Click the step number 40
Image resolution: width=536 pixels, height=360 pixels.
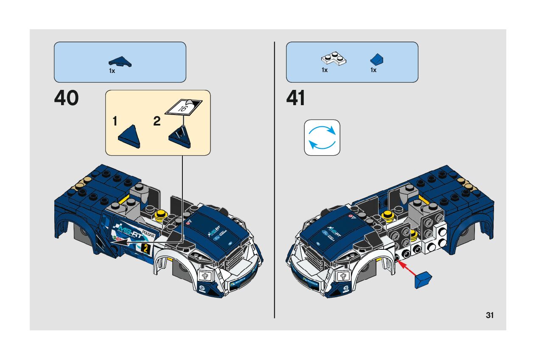(x=67, y=98)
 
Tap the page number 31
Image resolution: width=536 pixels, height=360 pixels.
(x=490, y=315)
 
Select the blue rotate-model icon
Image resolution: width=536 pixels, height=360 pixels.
(x=322, y=137)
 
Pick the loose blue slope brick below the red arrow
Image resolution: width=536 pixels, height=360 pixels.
(x=423, y=281)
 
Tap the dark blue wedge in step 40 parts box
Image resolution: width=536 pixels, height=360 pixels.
(x=120, y=61)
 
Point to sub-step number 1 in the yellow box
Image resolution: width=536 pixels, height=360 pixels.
(x=115, y=122)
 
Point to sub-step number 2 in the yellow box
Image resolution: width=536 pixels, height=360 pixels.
(x=157, y=122)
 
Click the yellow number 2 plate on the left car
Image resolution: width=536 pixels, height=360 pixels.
(x=146, y=249)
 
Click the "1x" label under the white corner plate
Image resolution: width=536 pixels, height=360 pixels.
(x=325, y=70)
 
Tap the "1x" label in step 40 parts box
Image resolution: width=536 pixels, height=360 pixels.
(x=112, y=71)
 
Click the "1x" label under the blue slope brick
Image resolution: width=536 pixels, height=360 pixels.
(x=373, y=70)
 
